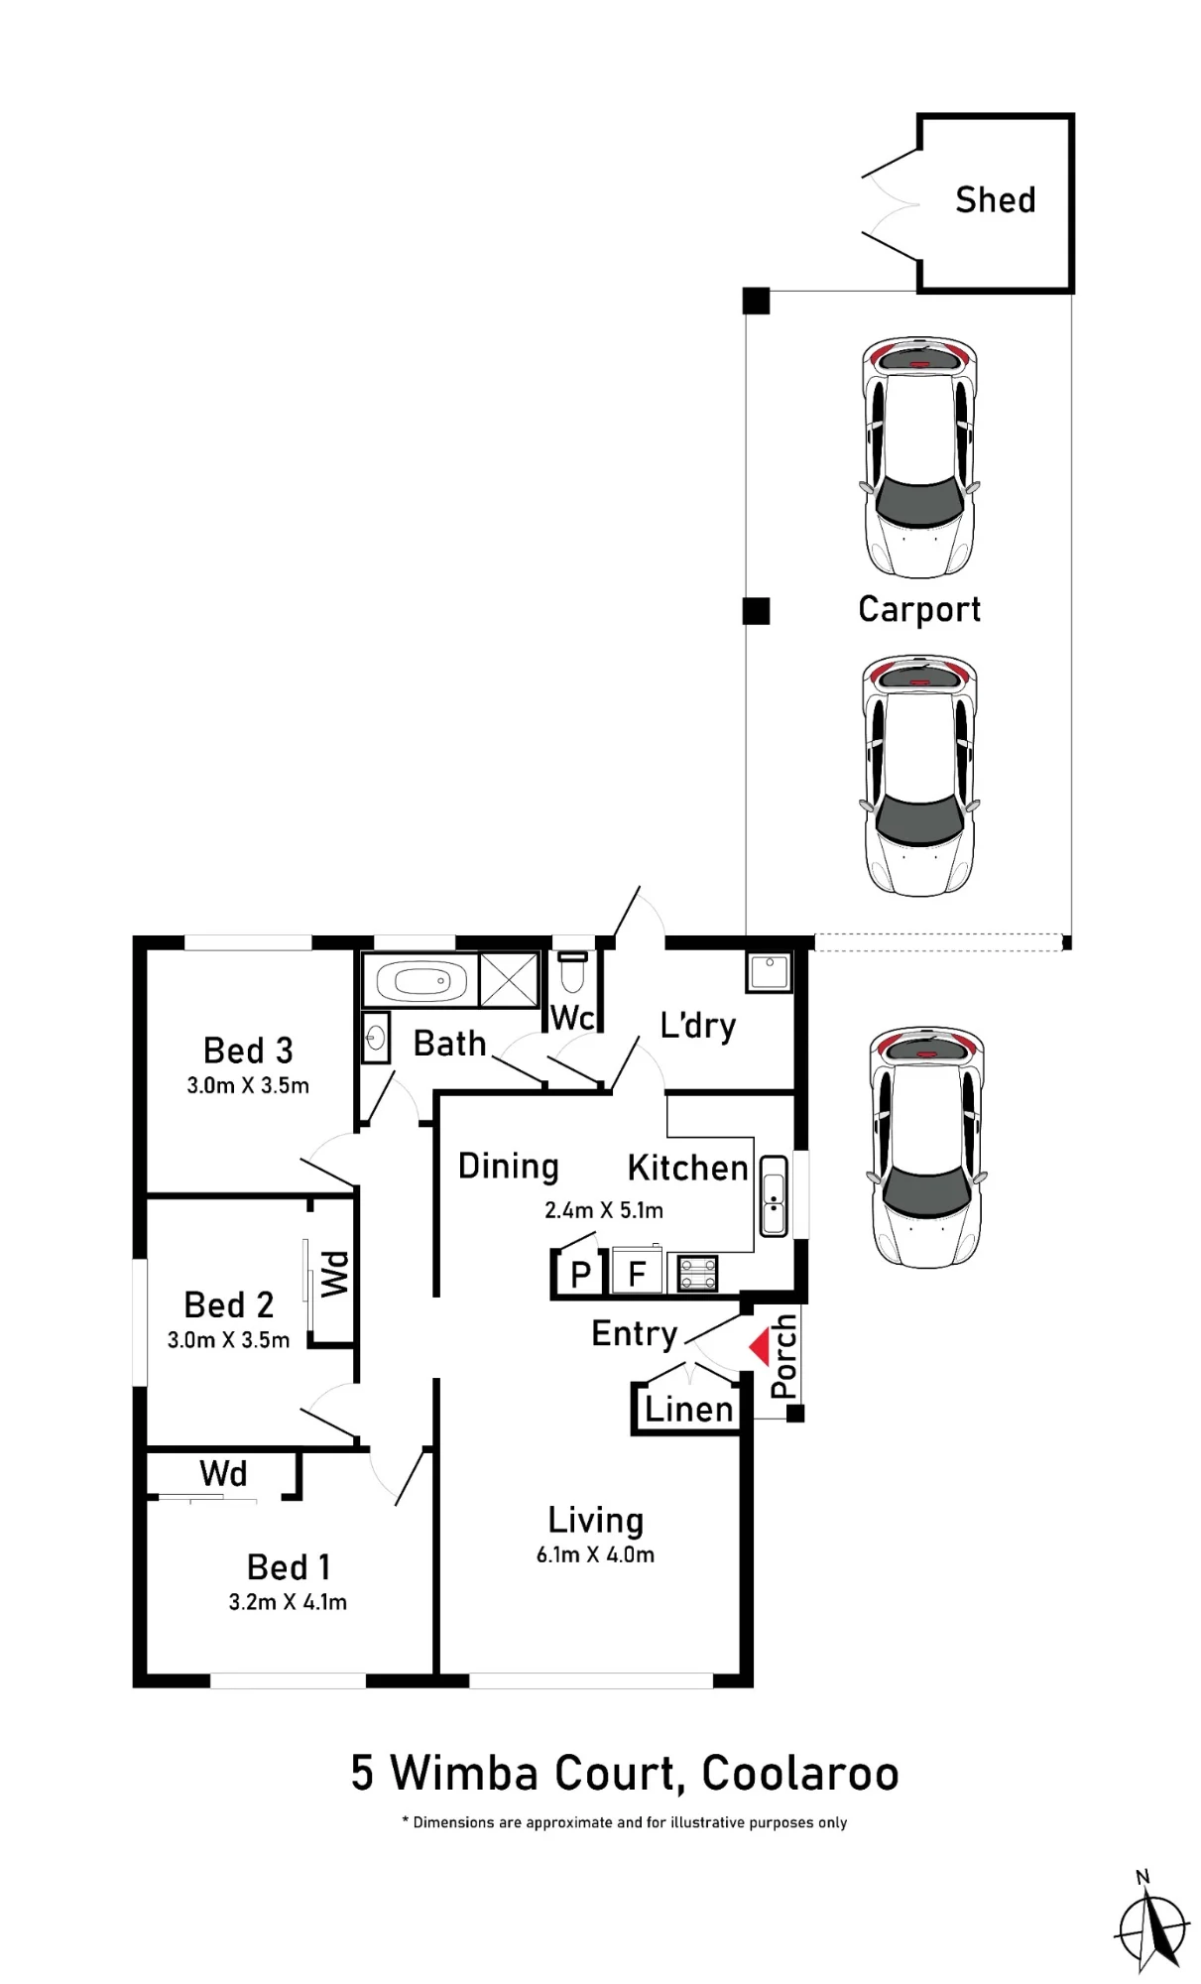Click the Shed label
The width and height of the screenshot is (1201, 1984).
coord(995,200)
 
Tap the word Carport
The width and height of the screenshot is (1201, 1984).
coord(919,609)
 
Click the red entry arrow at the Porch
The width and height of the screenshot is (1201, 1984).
coord(759,1346)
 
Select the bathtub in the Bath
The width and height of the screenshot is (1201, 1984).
coord(420,981)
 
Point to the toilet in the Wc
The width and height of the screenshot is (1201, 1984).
coord(572,973)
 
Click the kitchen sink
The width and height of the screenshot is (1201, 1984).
coord(774,1195)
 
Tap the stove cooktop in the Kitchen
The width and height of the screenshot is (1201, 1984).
coord(697,1273)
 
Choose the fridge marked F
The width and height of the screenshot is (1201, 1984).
coord(637,1273)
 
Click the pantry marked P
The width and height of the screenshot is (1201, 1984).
coord(581,1274)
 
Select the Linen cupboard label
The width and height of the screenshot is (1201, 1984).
coord(688,1409)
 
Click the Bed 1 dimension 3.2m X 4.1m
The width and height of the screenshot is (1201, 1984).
coord(288,1602)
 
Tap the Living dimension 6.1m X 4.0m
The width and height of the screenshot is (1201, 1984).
coord(595,1554)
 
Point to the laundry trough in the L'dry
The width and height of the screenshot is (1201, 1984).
coord(770,972)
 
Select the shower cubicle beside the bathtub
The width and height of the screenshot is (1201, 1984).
coord(509,980)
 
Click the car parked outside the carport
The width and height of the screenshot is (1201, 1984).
coord(926,1148)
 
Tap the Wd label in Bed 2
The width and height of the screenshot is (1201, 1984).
coord(335,1274)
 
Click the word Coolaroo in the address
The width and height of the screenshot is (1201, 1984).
coord(800,1774)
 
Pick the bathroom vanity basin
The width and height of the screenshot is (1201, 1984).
coord(376,1038)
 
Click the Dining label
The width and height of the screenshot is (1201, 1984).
coord(509,1167)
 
